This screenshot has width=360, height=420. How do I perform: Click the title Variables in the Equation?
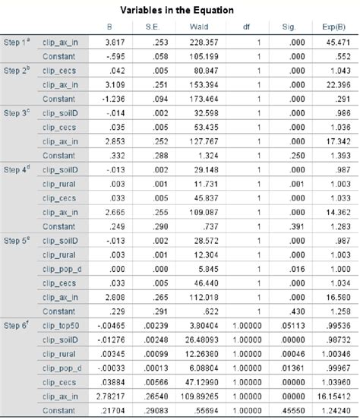(x=179, y=10)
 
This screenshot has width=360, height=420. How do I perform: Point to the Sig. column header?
(x=289, y=27)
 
